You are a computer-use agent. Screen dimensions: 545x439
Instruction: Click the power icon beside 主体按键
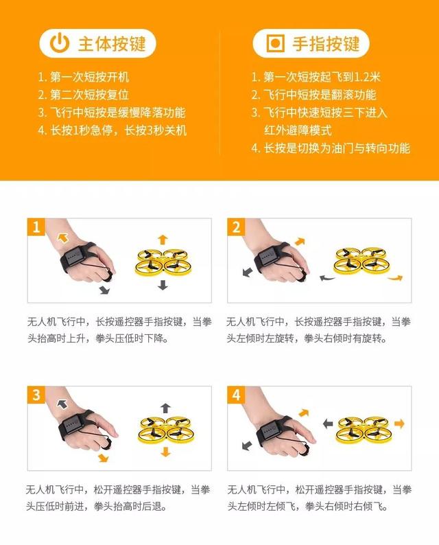(60, 44)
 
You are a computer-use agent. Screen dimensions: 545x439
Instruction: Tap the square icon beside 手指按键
(274, 44)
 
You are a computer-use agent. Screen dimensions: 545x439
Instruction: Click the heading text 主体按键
(111, 44)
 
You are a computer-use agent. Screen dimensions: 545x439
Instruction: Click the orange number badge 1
(36, 227)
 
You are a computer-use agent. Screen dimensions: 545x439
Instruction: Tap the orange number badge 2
(237, 227)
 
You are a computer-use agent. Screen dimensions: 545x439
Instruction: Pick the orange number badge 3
(36, 395)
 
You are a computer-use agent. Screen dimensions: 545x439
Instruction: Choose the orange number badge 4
(237, 395)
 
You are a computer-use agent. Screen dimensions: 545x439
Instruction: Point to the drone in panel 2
(362, 262)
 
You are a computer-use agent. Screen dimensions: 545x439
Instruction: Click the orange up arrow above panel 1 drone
(163, 239)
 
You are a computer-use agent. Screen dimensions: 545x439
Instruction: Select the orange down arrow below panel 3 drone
(165, 452)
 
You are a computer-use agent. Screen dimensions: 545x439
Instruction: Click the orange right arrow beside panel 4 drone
(400, 422)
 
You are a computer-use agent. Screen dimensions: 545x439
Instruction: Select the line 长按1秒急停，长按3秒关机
(112, 130)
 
